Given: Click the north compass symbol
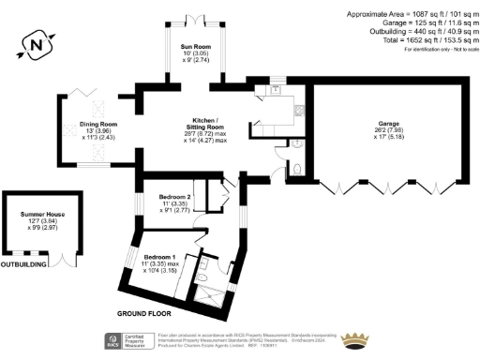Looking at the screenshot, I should tap(36, 44).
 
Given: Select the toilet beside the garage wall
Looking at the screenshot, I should tap(296, 167).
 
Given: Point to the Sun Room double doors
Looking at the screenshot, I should tap(195, 20).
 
